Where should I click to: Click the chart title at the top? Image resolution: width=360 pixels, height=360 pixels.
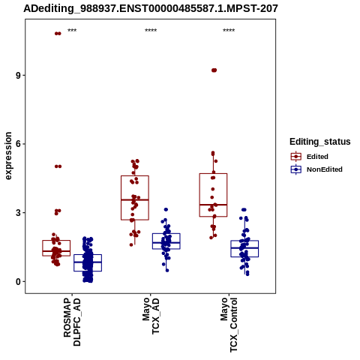point(151,8)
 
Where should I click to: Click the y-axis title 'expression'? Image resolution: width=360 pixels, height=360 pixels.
point(8,156)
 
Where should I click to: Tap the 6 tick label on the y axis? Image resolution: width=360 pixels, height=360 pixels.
point(18,144)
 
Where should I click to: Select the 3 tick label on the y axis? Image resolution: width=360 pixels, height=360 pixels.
point(18,213)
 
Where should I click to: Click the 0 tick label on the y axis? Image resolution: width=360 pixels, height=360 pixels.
point(18,281)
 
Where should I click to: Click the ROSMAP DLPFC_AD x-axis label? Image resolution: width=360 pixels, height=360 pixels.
point(72,322)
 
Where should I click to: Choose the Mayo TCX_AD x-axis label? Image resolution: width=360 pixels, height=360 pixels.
point(151,316)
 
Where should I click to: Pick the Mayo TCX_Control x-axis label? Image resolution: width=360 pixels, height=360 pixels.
point(229,325)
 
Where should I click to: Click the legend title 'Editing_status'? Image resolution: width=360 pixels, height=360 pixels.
point(320,142)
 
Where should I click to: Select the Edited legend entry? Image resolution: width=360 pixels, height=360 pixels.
point(309,157)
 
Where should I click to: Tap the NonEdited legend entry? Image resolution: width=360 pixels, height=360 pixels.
point(316,169)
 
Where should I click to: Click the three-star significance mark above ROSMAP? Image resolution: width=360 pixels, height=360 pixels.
point(72,31)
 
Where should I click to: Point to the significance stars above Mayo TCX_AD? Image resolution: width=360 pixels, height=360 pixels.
point(151,31)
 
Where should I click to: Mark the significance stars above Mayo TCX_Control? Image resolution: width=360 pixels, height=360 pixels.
point(229,31)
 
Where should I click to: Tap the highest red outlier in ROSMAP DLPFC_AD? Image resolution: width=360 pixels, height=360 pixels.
point(58,34)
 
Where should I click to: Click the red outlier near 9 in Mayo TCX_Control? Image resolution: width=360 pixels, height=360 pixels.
point(214,70)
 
